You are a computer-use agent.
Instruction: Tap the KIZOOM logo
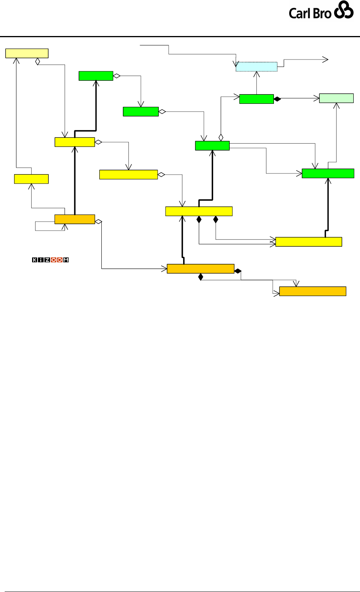pos(50,260)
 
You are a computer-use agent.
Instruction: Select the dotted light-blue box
pos(256,67)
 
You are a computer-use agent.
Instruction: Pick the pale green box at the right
pos(337,98)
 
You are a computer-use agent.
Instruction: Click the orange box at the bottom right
pos(313,291)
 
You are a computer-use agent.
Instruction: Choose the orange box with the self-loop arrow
pos(75,219)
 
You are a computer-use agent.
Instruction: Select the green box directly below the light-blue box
pos(256,99)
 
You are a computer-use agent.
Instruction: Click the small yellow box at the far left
pos(31,179)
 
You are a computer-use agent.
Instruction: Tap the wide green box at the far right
pos(328,173)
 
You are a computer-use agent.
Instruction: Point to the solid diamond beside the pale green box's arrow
pos(277,99)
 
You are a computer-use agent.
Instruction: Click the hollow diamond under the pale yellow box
pos(38,61)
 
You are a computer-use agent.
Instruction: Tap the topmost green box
pos(96,76)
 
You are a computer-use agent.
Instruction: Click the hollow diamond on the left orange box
pos(98,222)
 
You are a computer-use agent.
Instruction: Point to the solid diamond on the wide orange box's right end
pos(238,271)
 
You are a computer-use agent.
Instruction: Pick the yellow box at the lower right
pos(309,242)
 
